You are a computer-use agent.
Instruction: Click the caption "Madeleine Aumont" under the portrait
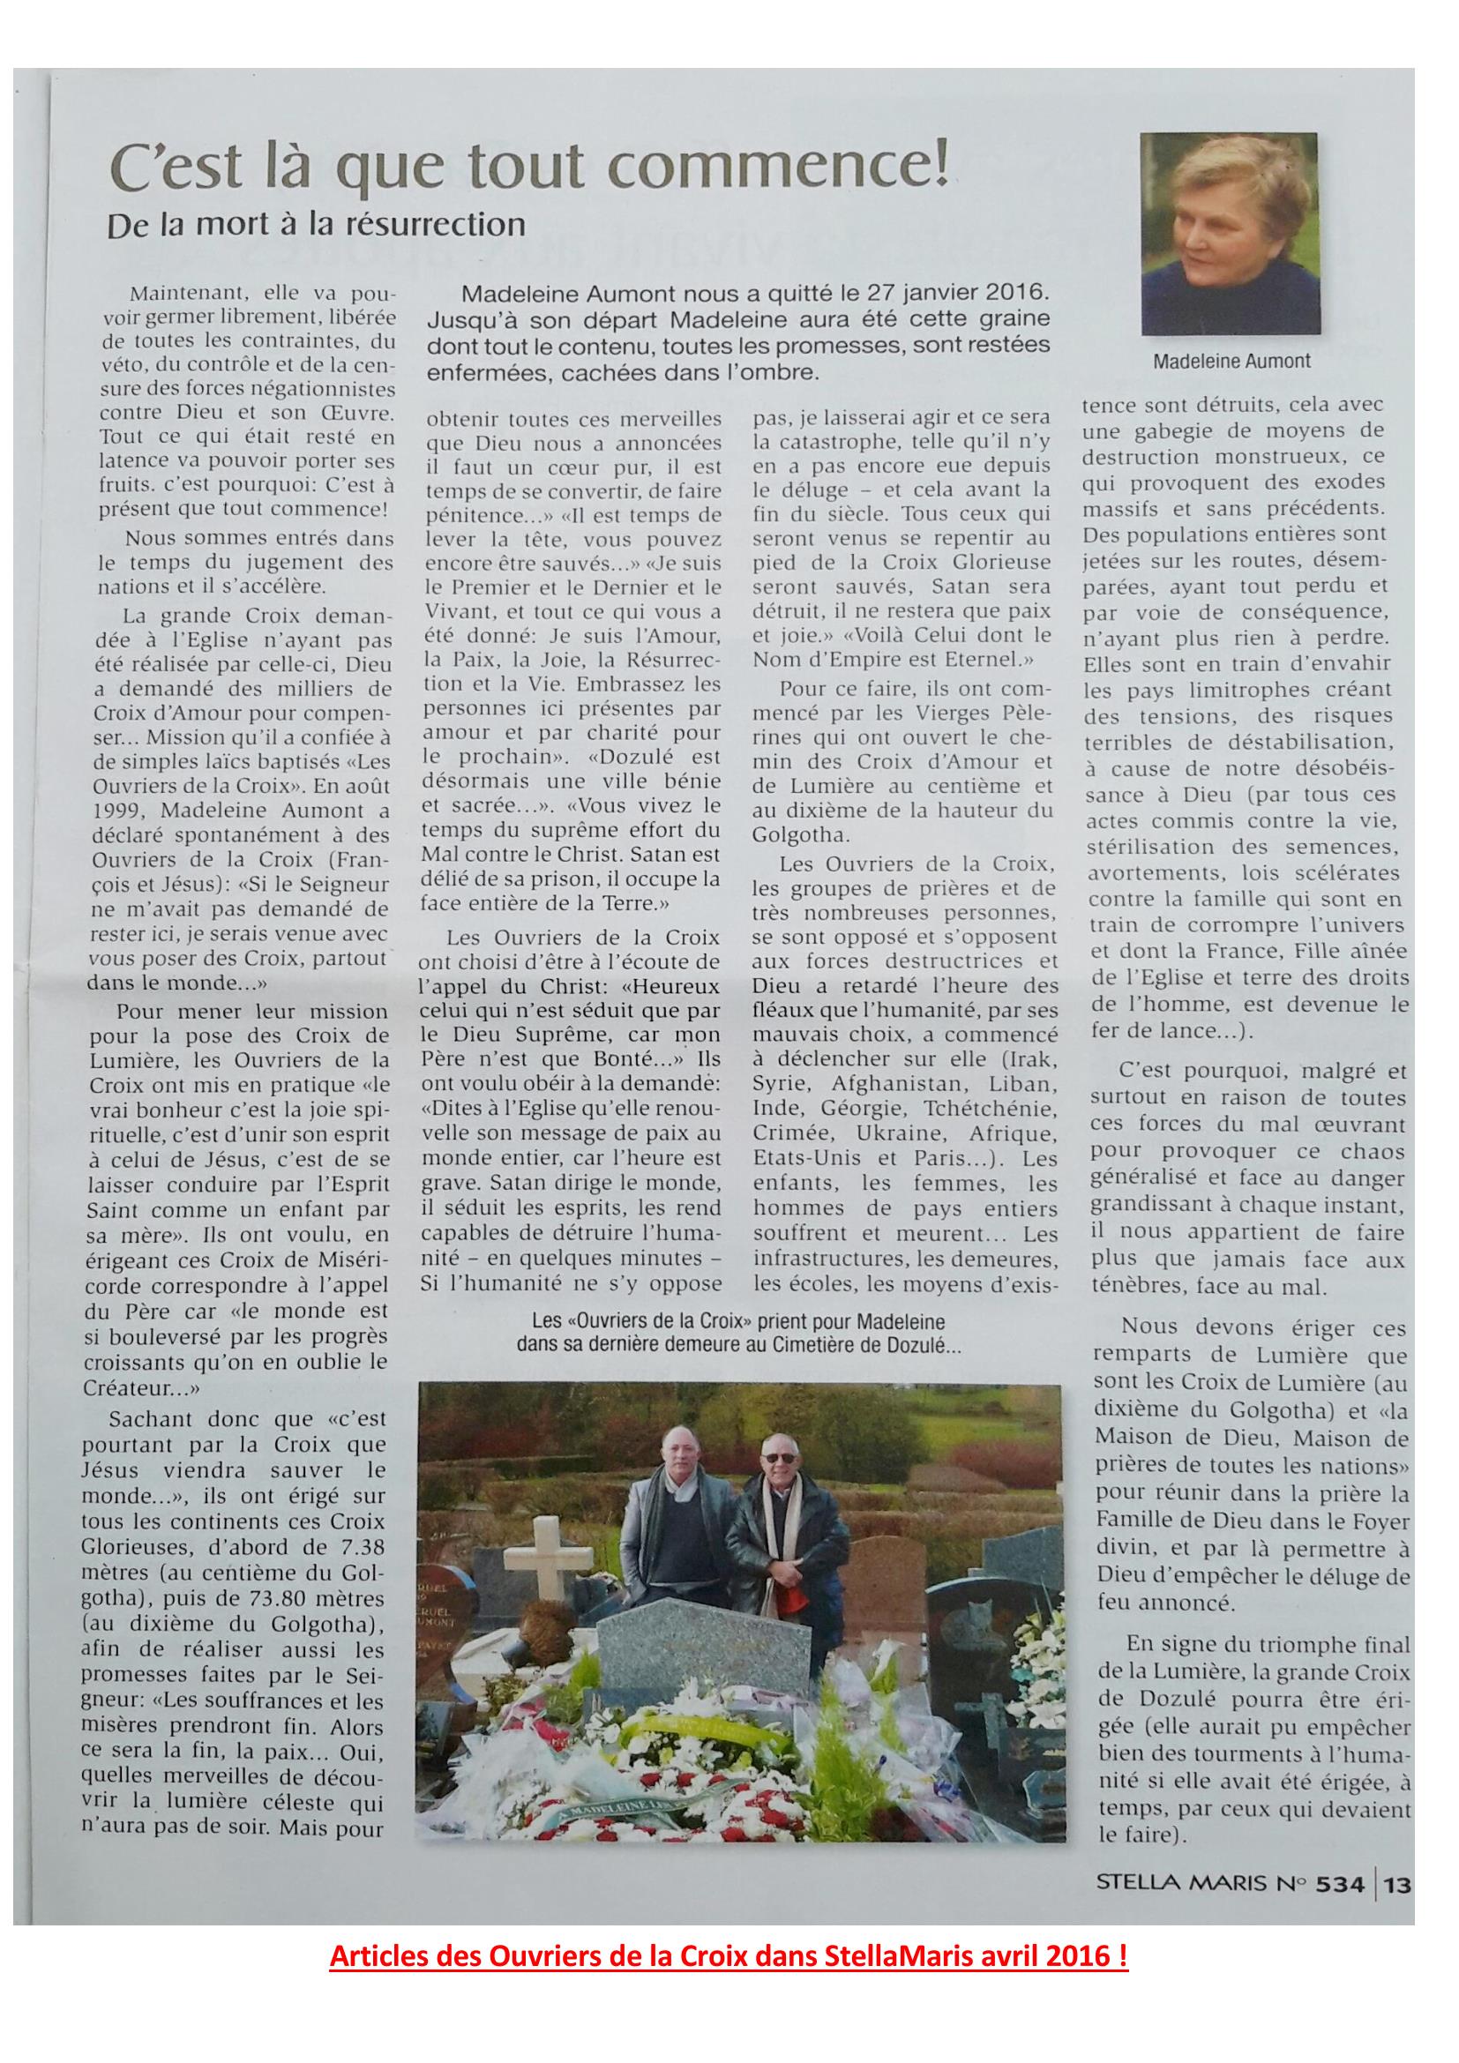coord(1231,362)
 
